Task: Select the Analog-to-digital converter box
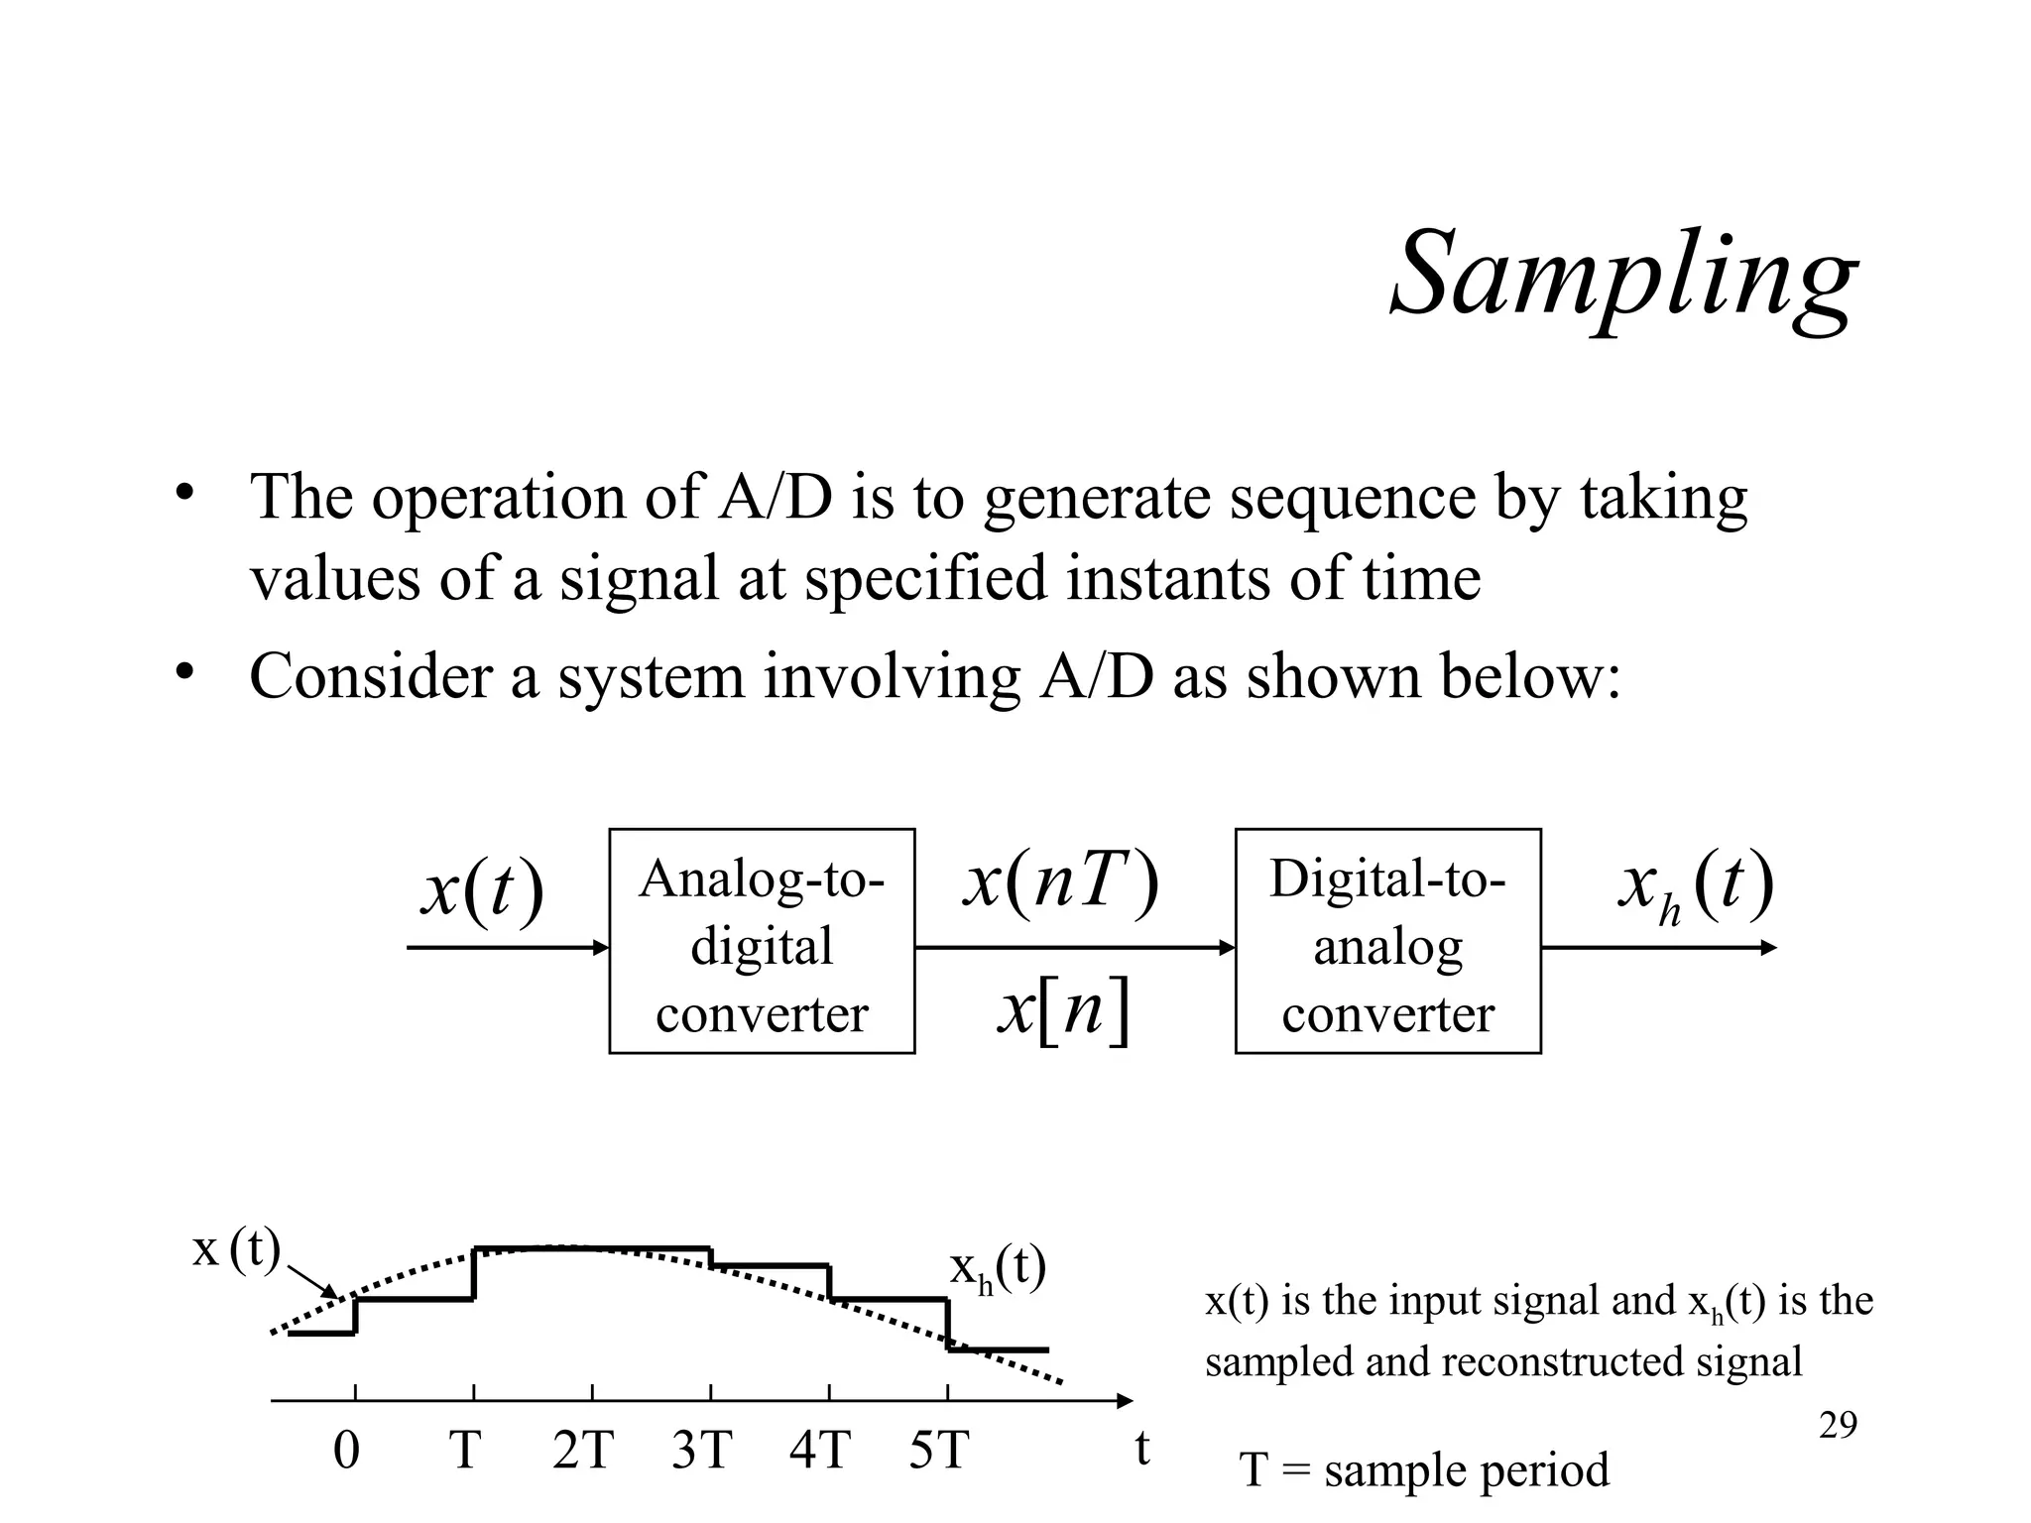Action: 762,941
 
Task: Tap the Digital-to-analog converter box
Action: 1387,941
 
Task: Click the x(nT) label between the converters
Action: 1060,881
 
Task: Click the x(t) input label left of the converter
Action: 482,889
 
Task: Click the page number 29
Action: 1838,1426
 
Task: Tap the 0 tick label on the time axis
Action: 346,1451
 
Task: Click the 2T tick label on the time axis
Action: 583,1451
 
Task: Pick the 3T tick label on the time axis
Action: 701,1451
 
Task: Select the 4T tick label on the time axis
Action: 820,1451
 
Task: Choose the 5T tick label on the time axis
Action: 938,1451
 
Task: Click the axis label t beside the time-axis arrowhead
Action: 1142,1449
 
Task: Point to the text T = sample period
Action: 1424,1469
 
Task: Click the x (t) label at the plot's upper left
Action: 236,1249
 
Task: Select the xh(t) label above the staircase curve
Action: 998,1269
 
